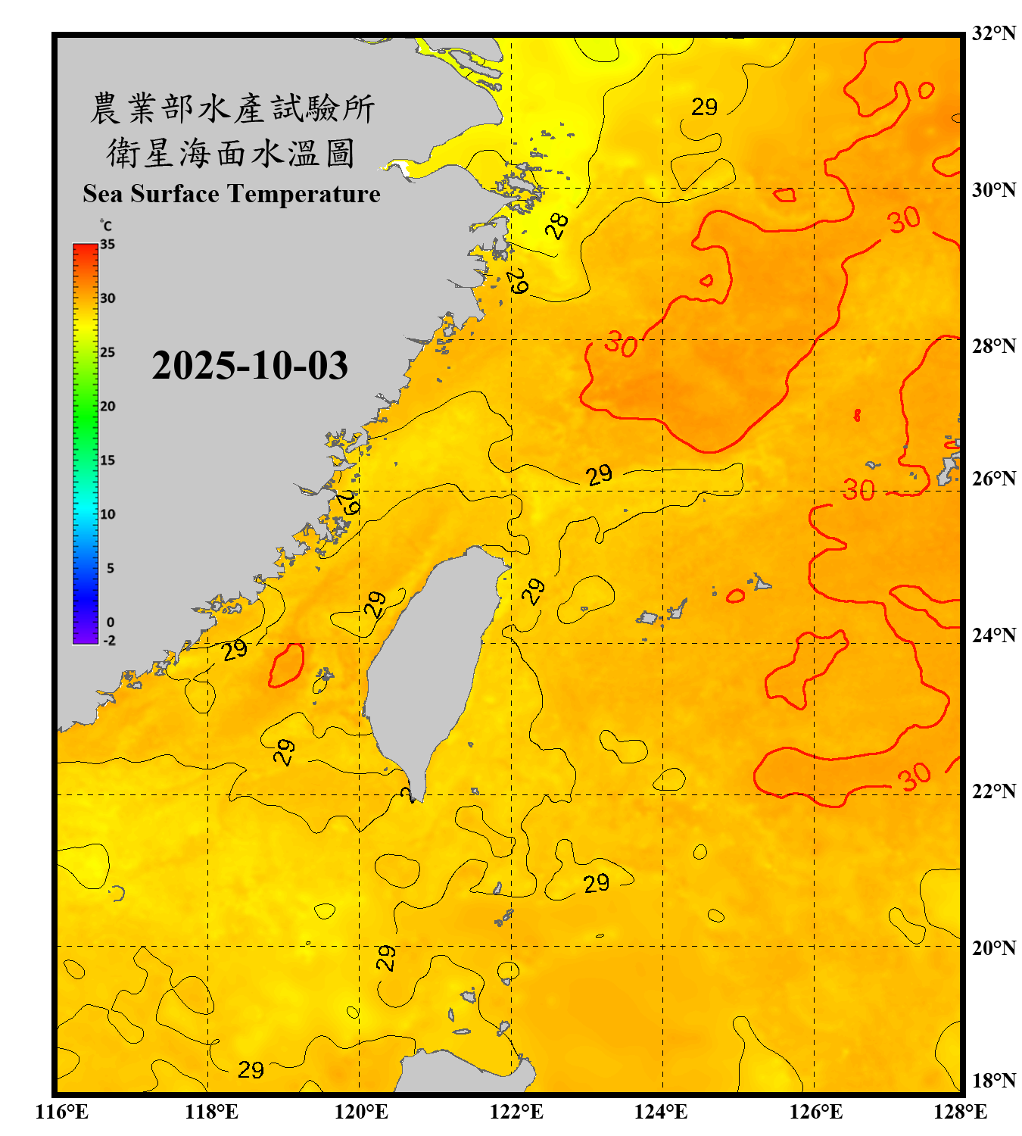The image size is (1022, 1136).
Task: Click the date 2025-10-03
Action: click(x=250, y=365)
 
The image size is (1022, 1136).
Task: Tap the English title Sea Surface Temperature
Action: click(x=232, y=194)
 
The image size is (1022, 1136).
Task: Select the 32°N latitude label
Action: click(x=993, y=33)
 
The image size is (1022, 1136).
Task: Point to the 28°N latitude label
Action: click(x=993, y=345)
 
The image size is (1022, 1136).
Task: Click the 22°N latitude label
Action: click(x=993, y=791)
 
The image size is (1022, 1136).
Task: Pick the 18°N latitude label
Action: click(x=993, y=1081)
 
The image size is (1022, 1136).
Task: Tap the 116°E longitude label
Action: click(x=62, y=1112)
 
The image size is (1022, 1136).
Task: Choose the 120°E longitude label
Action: click(x=361, y=1112)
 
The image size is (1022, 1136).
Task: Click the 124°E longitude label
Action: click(x=661, y=1112)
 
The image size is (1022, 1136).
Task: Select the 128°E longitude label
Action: click(x=960, y=1112)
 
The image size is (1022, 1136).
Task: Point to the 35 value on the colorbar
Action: click(x=107, y=245)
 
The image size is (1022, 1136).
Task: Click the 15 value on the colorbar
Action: click(x=107, y=460)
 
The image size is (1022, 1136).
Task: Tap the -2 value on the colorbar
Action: click(x=109, y=641)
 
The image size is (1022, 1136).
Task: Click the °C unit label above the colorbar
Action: click(x=106, y=226)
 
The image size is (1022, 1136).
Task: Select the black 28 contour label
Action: click(x=557, y=226)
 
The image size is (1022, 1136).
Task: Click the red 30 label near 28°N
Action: click(x=621, y=345)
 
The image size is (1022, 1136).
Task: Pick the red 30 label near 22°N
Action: click(x=914, y=776)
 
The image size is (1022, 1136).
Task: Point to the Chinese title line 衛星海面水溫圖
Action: click(x=231, y=153)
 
